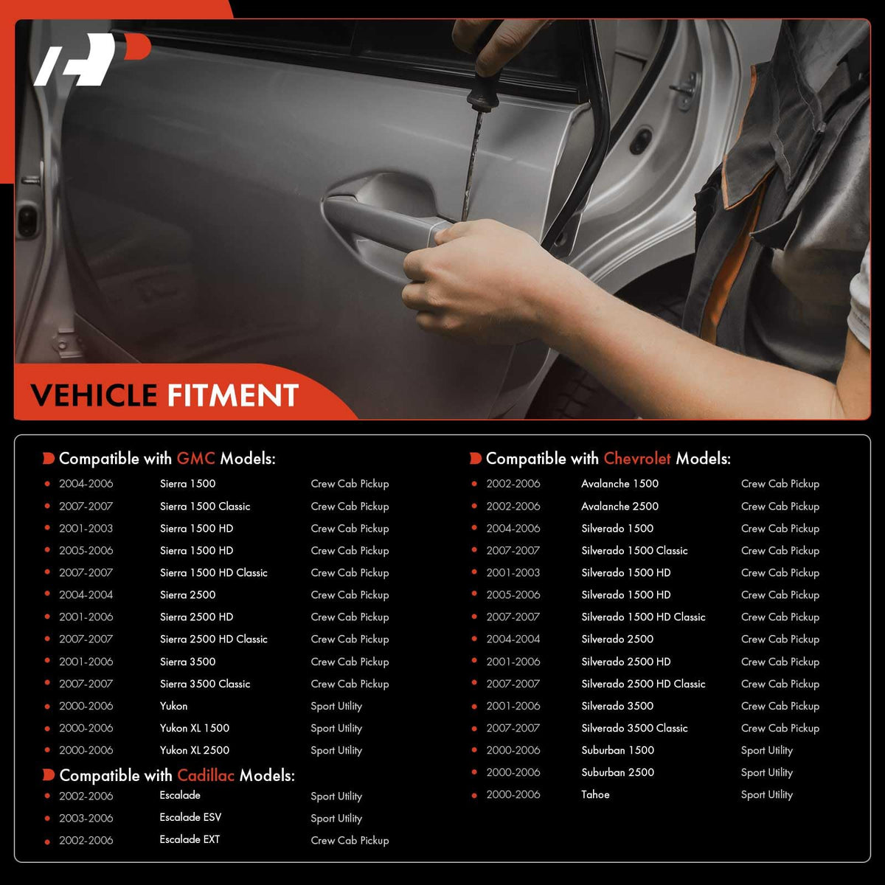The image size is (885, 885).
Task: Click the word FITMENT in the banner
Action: click(x=233, y=395)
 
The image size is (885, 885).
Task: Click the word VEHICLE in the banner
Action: click(x=94, y=395)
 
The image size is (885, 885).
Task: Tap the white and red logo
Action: click(x=92, y=59)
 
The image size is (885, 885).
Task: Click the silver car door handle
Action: click(x=386, y=225)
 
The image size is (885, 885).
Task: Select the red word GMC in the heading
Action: click(x=195, y=458)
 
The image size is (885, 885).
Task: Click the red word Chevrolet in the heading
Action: click(x=637, y=458)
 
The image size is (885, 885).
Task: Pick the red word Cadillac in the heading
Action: click(x=206, y=775)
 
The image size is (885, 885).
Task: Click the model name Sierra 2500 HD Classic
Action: click(x=214, y=639)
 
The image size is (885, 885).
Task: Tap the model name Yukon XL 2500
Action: click(x=195, y=750)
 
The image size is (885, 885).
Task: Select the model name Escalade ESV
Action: click(x=190, y=817)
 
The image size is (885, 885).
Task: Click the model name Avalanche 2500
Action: click(x=619, y=506)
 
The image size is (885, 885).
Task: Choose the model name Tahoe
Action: click(x=595, y=794)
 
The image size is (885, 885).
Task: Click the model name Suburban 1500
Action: click(x=618, y=750)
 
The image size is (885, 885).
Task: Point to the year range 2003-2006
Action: click(x=86, y=818)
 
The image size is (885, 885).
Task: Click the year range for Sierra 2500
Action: click(x=86, y=594)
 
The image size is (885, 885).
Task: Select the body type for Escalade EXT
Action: click(x=350, y=841)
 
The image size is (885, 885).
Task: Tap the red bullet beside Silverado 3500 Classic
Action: click(x=474, y=729)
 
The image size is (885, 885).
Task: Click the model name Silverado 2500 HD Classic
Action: click(x=643, y=684)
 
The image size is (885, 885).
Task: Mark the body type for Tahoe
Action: click(x=767, y=795)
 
